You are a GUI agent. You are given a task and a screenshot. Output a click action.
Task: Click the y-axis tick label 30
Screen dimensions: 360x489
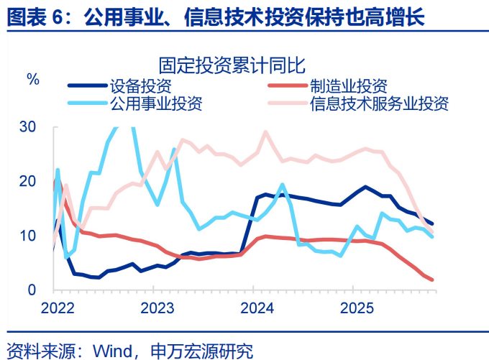click(x=27, y=127)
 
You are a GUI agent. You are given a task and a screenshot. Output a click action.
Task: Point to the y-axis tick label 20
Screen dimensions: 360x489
click(x=27, y=182)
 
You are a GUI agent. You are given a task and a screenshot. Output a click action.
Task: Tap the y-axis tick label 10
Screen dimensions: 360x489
click(x=27, y=236)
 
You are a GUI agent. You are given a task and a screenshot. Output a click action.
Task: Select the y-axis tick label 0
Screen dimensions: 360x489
click(x=32, y=290)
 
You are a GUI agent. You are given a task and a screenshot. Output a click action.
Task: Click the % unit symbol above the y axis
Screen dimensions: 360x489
click(x=33, y=79)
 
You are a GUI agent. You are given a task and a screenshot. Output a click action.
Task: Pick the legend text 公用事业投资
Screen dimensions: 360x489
click(x=155, y=103)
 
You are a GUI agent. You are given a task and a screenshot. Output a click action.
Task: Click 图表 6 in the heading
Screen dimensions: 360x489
click(x=36, y=15)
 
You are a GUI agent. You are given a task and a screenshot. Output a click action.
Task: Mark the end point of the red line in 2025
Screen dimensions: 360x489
click(x=432, y=280)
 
